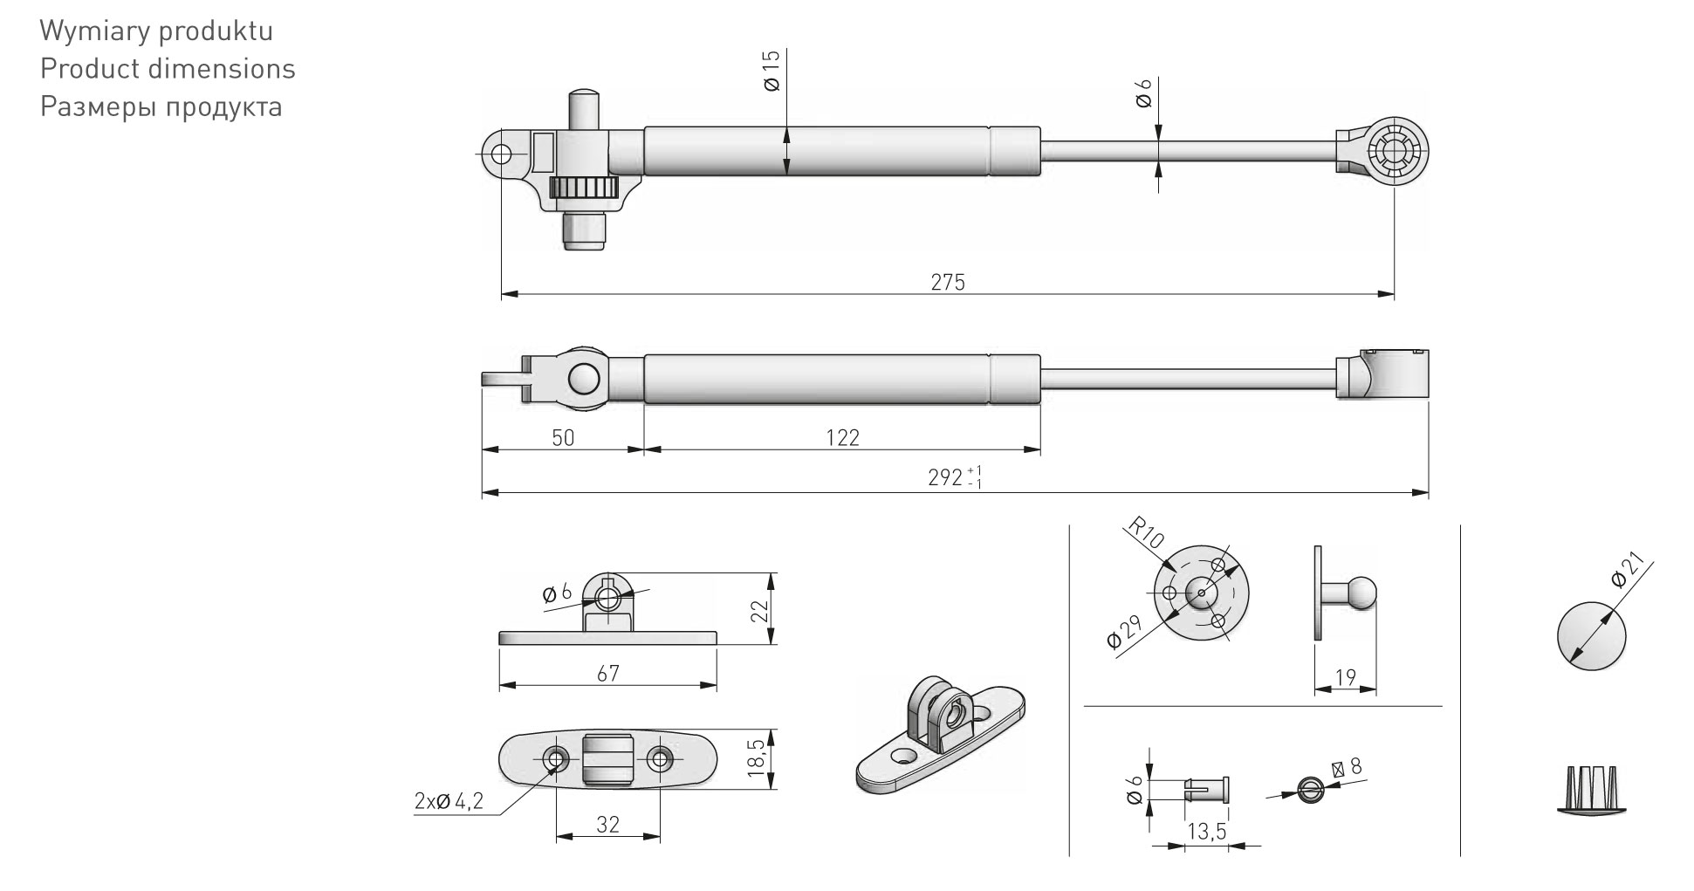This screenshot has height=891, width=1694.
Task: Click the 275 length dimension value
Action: point(948,283)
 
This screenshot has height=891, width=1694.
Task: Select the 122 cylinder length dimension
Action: point(842,437)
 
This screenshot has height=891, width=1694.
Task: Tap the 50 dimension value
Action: point(564,437)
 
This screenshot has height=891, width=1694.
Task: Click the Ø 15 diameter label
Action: point(772,71)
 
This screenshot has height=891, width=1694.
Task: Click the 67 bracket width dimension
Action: point(607,673)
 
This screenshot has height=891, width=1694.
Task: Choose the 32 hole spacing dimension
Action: point(607,824)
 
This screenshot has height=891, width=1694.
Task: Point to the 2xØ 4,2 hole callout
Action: point(449,801)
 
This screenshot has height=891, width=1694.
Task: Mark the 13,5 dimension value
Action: point(1206,832)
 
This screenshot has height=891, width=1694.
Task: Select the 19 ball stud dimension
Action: point(1345,677)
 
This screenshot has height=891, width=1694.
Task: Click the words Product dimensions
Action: point(168,69)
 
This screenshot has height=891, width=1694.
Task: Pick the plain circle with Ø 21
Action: point(1592,634)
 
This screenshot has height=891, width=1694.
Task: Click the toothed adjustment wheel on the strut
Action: point(583,188)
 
